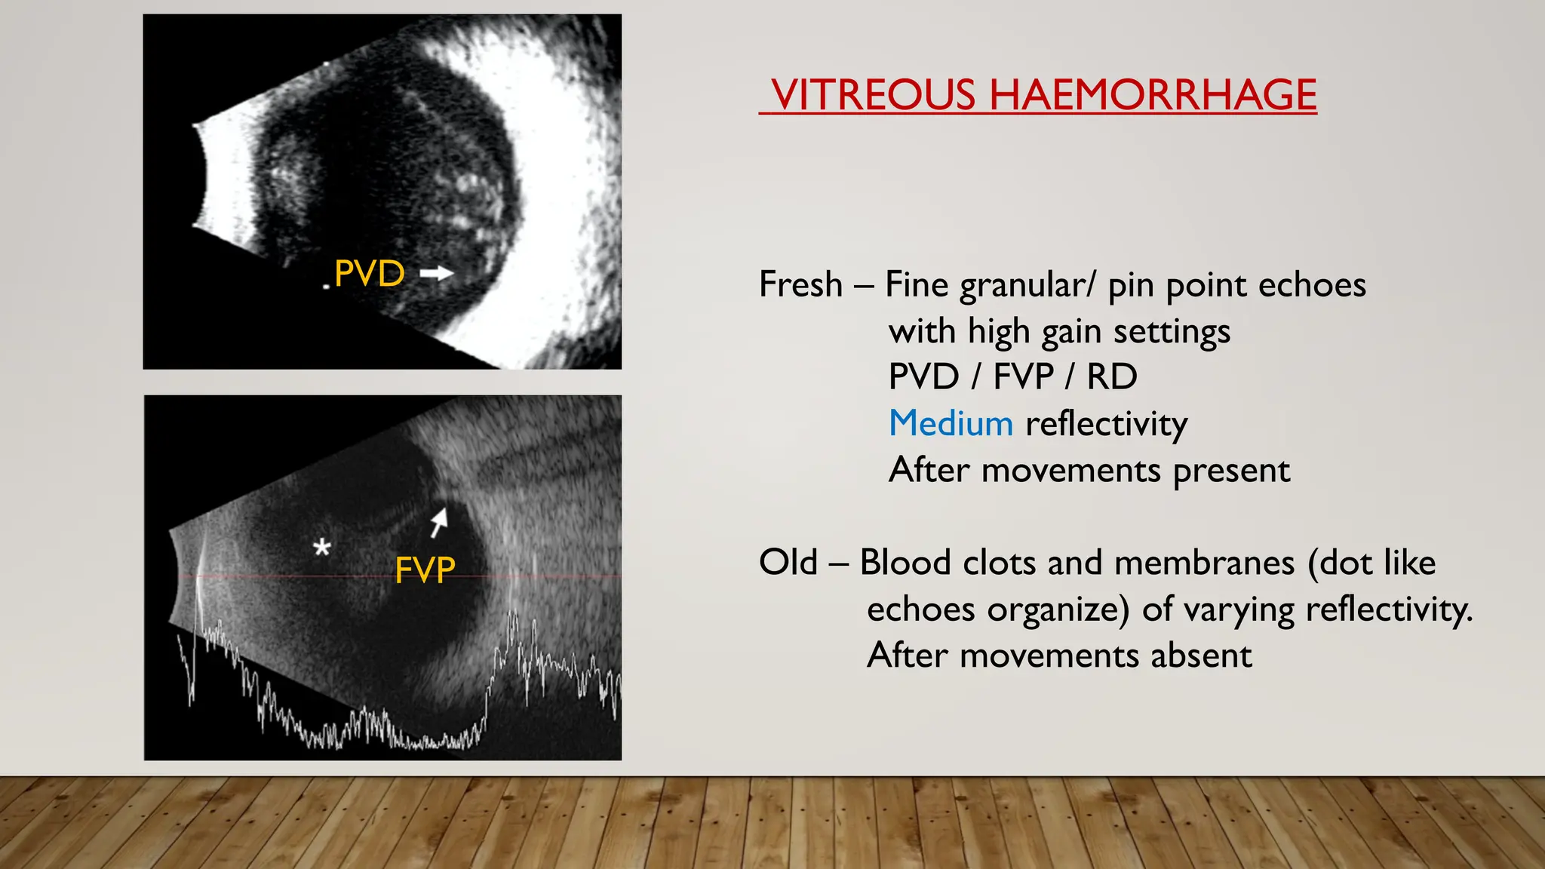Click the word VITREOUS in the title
(x=873, y=95)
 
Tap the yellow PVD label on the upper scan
(x=369, y=273)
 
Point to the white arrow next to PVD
(x=437, y=273)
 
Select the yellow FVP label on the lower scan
(x=425, y=570)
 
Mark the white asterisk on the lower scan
(x=322, y=547)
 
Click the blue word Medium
(x=951, y=423)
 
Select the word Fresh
(x=800, y=284)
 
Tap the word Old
(x=788, y=562)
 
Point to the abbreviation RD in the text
(x=1111, y=377)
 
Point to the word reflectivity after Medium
(x=1106, y=424)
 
